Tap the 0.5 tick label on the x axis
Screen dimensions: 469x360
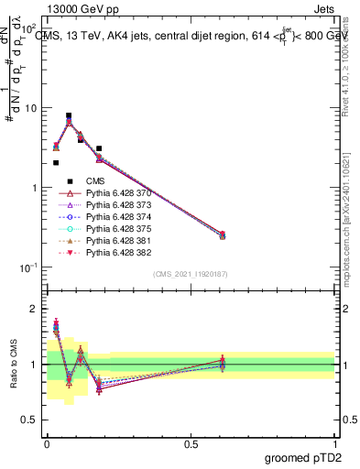tap(191, 442)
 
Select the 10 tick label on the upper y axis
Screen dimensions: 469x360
tap(31, 108)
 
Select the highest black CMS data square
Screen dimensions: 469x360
tap(69, 116)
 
